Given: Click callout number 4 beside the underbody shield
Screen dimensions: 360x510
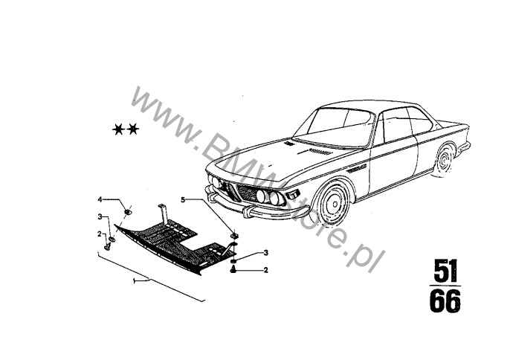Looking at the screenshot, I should [99, 199].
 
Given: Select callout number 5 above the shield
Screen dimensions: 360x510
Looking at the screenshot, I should [181, 199].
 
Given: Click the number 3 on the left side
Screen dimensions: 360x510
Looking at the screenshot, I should [99, 216].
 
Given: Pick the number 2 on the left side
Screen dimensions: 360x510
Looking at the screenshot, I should [99, 233].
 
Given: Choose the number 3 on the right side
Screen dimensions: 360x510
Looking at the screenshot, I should [265, 254].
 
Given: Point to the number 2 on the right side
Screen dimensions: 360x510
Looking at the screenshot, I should [265, 269].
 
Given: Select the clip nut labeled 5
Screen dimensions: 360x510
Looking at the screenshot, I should [234, 236].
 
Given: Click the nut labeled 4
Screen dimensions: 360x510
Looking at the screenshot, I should [128, 212].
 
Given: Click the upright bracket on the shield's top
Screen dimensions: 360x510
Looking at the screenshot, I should [164, 211].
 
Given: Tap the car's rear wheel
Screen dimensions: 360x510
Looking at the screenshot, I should [445, 161].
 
